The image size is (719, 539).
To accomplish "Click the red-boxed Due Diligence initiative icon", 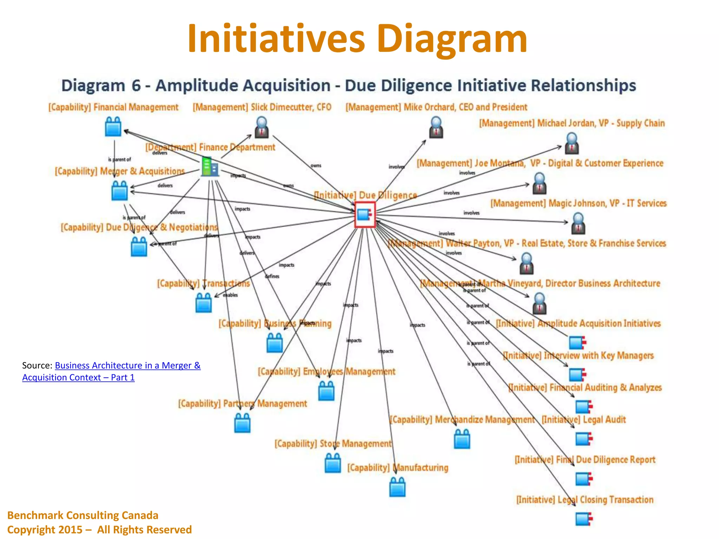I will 365,214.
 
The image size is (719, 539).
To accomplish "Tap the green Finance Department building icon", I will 210,167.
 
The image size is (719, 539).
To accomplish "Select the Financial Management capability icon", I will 113,127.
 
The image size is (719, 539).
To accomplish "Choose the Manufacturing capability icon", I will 397,487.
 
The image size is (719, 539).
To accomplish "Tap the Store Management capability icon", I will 333,463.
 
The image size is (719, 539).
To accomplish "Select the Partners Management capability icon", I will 242,423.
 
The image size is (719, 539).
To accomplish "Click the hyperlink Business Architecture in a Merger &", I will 128,365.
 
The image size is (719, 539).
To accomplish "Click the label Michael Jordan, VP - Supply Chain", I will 572,123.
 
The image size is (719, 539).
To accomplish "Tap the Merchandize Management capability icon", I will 462,439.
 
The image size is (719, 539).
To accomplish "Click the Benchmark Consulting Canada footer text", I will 83,515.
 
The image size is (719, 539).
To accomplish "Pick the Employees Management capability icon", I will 326,391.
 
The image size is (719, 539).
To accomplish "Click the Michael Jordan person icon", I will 572,144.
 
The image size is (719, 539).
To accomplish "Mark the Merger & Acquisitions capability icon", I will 119,191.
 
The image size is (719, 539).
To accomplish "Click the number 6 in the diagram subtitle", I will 136,86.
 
